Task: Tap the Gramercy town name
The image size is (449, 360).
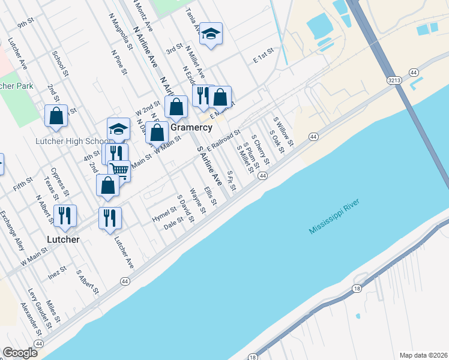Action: click(x=191, y=128)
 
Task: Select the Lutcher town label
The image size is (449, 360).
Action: click(x=63, y=239)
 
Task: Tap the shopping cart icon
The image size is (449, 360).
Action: click(x=119, y=170)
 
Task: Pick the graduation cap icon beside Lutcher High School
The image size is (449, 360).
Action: click(x=118, y=128)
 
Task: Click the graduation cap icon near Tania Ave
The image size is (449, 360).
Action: click(x=211, y=34)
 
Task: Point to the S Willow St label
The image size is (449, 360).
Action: click(x=283, y=131)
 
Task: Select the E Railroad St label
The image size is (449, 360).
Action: click(x=223, y=140)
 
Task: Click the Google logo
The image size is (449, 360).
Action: click(x=20, y=352)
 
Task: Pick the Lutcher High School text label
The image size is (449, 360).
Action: click(x=70, y=142)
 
